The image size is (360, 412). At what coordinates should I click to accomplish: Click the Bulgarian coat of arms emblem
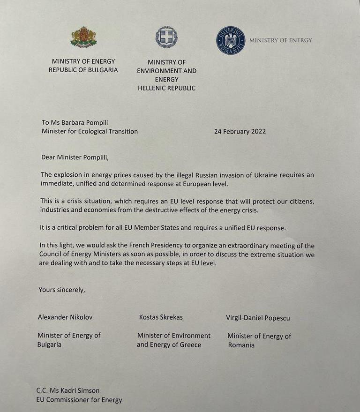[83, 37]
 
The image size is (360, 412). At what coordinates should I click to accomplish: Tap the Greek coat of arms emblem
[166, 37]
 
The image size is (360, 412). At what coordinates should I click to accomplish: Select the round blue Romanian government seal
[231, 40]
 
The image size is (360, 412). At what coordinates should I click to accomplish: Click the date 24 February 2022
[240, 131]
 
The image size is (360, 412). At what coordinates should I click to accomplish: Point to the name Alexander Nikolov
[65, 317]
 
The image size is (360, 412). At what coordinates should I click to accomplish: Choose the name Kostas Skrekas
[161, 317]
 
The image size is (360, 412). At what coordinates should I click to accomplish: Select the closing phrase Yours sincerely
[62, 290]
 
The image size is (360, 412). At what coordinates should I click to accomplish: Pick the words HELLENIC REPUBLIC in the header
[166, 88]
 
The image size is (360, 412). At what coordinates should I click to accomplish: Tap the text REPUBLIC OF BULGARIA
[83, 70]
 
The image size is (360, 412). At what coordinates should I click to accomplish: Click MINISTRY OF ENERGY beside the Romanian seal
[280, 40]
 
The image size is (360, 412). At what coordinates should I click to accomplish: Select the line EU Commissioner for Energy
[79, 400]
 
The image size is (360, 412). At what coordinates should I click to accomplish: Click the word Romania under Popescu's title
[241, 345]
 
